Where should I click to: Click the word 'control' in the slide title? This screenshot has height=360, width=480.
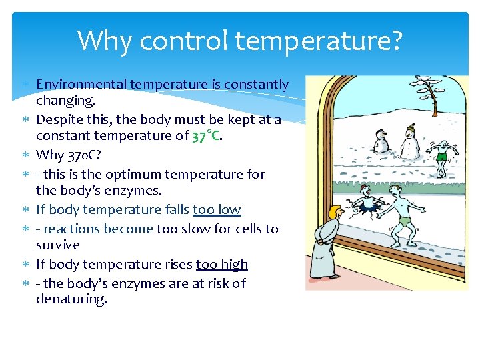[179, 41]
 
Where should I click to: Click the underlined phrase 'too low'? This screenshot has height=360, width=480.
[216, 210]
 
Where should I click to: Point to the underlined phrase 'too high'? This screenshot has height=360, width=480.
[221, 265]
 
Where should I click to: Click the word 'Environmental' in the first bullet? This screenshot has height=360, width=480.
[82, 85]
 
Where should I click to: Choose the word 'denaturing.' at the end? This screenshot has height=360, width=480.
[71, 299]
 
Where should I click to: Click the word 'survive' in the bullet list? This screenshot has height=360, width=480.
[58, 245]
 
